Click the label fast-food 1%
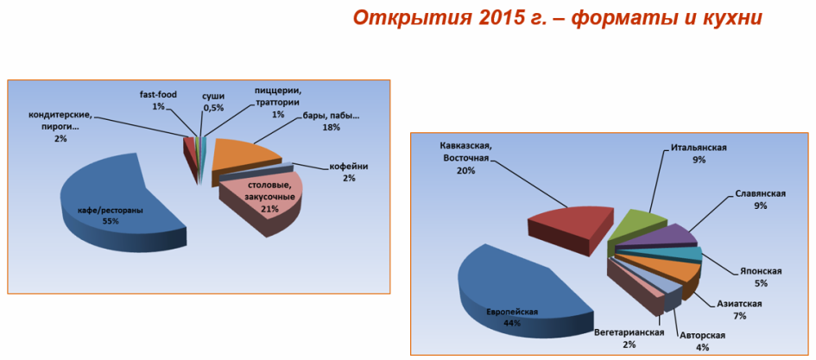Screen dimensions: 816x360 (159, 100)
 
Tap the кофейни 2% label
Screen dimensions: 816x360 (349, 172)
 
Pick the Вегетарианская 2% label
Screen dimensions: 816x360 (629, 338)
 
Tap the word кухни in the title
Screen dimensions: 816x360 (734, 17)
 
